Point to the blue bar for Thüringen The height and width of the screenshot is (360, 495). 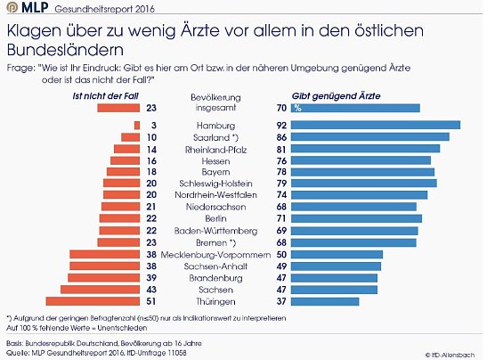pos(326,301)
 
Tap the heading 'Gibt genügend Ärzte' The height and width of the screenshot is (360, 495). pos(332,94)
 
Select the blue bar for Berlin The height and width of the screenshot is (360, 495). pos(356,217)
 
